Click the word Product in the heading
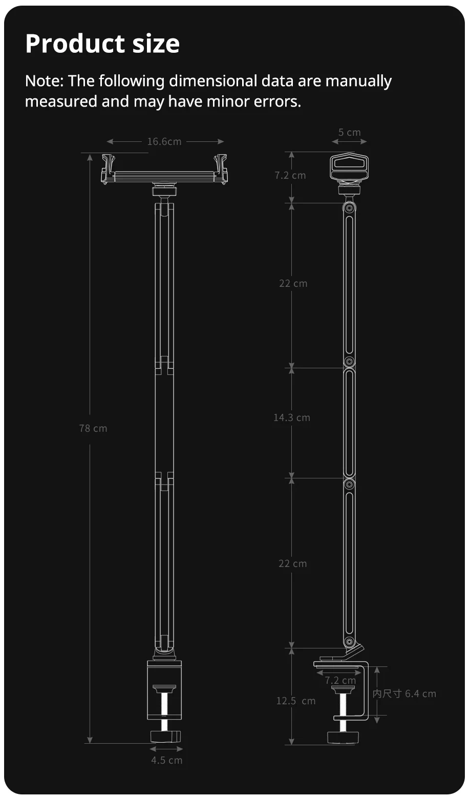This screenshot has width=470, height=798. click(x=75, y=44)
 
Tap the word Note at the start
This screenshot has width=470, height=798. click(x=42, y=81)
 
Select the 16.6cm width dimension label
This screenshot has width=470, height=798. click(x=164, y=141)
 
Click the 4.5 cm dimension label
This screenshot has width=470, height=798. click(x=166, y=760)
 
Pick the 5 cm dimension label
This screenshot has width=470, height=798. click(x=349, y=132)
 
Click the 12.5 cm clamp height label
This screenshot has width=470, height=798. click(x=296, y=701)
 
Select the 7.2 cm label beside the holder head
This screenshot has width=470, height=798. click(x=290, y=175)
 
